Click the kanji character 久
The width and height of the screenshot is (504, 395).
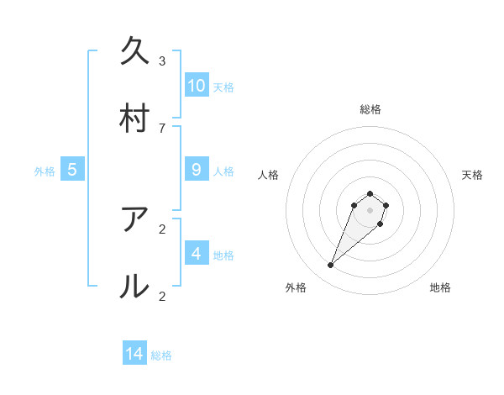(135, 50)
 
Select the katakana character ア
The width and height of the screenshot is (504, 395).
(135, 219)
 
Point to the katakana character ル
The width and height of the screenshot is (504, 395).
(135, 287)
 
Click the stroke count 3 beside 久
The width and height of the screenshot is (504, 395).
(162, 61)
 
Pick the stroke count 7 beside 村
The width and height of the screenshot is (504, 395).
(162, 128)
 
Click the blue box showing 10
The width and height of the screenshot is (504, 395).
(197, 85)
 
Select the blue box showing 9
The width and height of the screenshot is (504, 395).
(197, 169)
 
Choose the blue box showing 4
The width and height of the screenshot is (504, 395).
(197, 253)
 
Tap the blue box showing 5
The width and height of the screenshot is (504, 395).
(72, 170)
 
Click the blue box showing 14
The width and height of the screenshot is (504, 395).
(134, 354)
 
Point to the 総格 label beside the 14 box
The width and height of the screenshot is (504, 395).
(161, 355)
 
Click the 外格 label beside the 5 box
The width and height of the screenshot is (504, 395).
(45, 171)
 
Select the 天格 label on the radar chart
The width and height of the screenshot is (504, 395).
(472, 175)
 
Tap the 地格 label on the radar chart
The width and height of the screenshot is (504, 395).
(440, 287)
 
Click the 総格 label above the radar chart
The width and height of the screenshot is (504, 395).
(370, 109)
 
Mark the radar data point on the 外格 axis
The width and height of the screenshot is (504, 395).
(331, 266)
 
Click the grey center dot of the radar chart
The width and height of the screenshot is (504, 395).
(370, 210)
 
